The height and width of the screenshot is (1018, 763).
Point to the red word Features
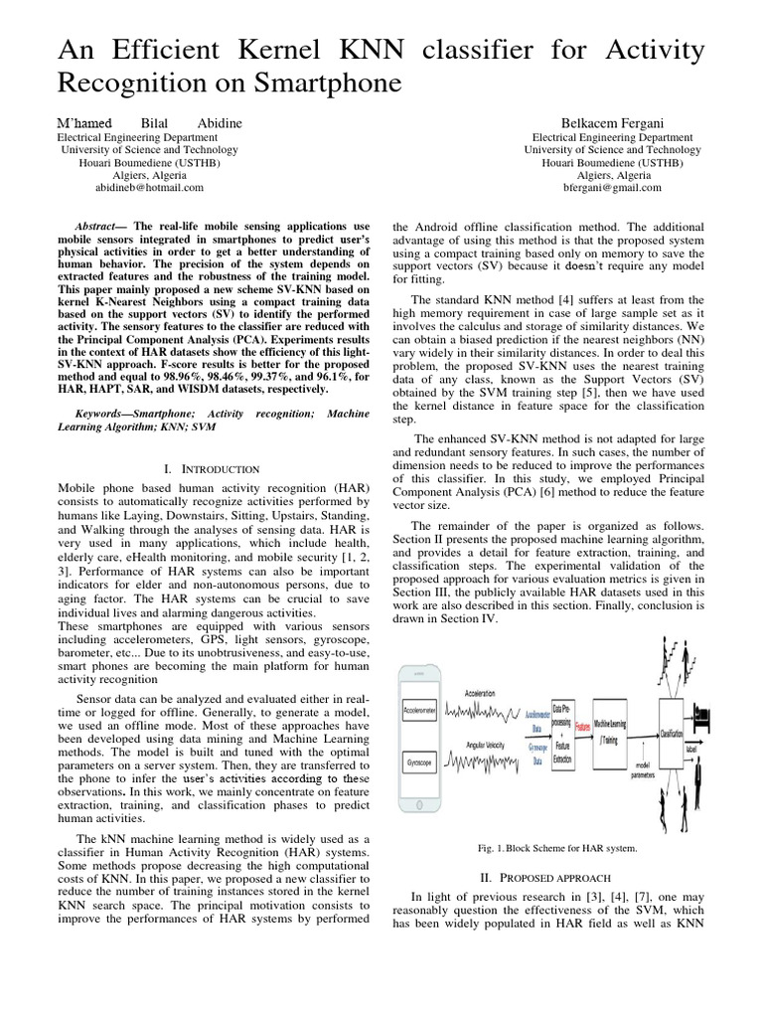click(583, 727)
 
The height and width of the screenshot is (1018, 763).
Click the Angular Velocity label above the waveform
click(484, 745)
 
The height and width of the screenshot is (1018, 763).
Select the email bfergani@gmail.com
click(616, 187)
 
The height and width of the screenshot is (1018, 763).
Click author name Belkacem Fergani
click(616, 122)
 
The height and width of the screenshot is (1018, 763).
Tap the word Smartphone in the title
click(315, 84)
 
